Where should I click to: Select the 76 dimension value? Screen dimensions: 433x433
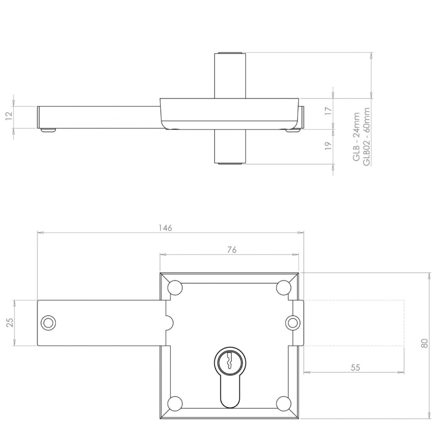231,249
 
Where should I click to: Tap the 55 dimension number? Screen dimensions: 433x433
355,367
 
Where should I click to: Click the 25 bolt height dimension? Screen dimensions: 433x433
11,322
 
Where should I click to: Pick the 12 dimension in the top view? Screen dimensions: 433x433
9,116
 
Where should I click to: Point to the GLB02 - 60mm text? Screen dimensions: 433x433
367,136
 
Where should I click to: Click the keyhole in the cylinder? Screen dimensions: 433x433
229,361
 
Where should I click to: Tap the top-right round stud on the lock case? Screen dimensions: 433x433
283,288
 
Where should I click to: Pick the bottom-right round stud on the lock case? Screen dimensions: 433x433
283,403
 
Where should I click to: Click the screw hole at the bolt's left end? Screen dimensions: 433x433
48,322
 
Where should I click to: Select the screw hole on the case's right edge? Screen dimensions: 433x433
292,322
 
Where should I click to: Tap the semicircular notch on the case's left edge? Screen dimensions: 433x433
168,323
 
